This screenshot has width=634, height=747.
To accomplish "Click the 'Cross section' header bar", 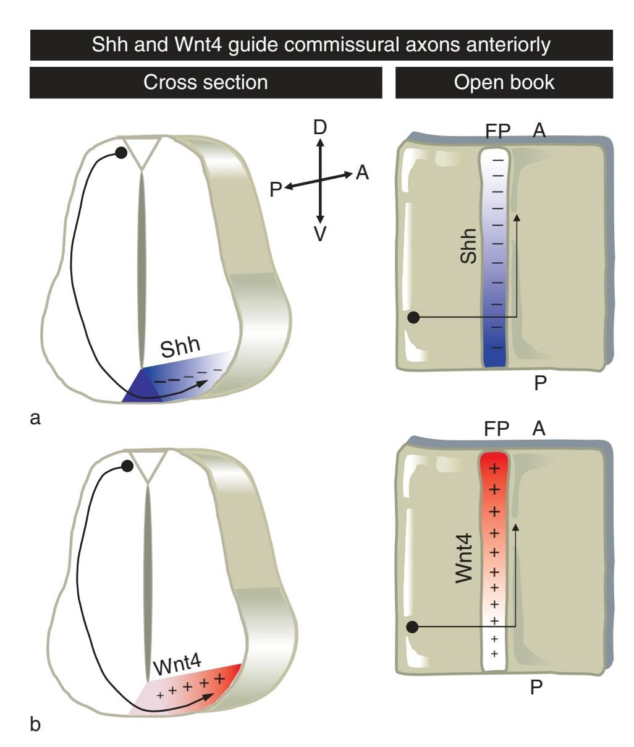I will pos(206,82).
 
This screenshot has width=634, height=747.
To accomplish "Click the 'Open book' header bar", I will pos(504,82).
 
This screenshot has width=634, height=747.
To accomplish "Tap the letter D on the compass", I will pos(319,128).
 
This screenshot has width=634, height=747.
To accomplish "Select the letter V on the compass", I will pos(319,234).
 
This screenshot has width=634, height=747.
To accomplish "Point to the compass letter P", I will pos(276,189).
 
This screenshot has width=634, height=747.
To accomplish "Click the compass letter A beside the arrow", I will pos(362,173).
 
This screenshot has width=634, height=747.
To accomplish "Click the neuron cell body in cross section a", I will pos(121,153).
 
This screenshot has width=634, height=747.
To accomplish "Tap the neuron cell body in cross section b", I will pos(127,466).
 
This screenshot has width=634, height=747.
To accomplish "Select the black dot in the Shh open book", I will pos(414,318).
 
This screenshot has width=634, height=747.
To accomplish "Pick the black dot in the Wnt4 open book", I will pos(414,627).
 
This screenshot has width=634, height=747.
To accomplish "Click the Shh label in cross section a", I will pos(180,348).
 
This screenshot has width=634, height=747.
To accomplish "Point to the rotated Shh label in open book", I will pos(470,246).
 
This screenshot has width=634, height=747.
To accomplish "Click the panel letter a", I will pos(35,419).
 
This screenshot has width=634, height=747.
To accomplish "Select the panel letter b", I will pos(35,724).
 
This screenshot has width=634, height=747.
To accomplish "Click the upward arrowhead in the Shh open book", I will pos(517,216).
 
